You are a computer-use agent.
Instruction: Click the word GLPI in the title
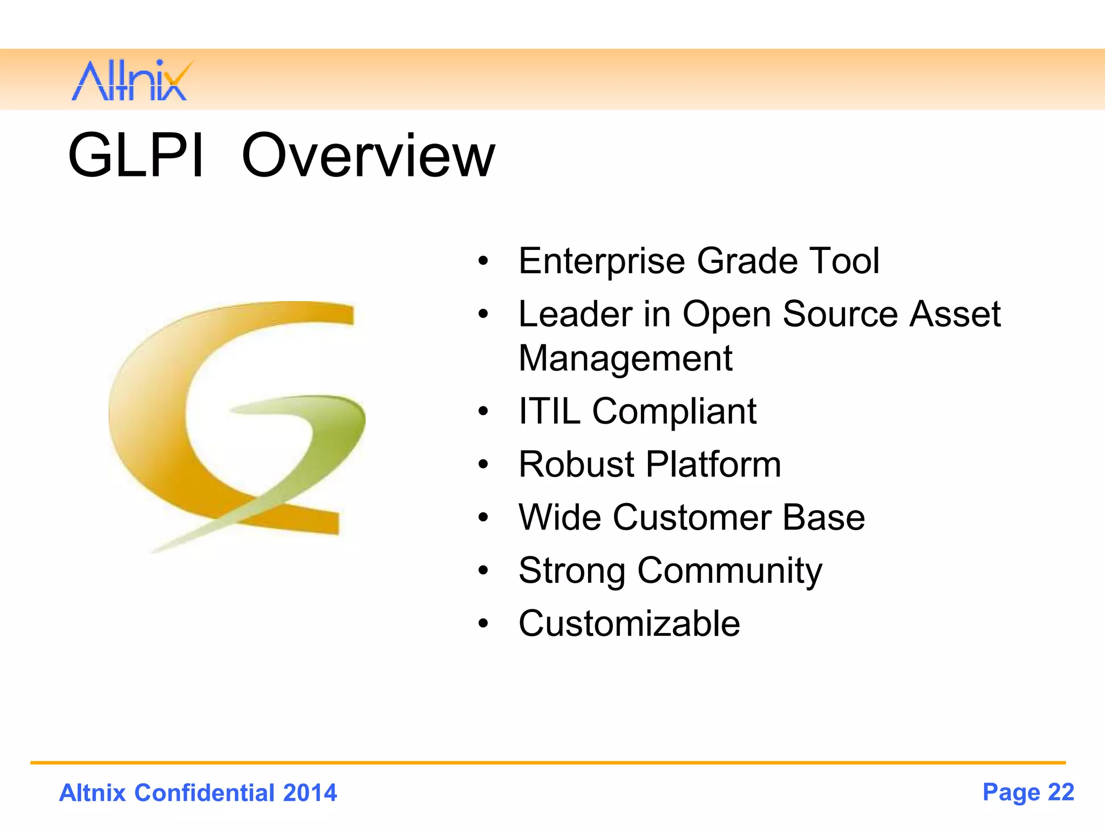tap(136, 155)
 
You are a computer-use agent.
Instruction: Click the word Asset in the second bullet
tap(954, 314)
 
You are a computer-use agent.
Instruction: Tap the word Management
tap(625, 359)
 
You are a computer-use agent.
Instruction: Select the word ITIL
tap(549, 411)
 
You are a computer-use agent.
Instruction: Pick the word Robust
tap(576, 464)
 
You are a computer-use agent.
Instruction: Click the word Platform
tap(713, 464)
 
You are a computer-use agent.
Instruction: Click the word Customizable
tap(629, 624)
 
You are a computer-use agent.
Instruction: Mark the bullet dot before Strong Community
tap(483, 570)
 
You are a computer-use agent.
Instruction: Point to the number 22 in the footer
tap(1061, 792)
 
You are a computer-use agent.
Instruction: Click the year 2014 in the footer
tap(310, 793)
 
